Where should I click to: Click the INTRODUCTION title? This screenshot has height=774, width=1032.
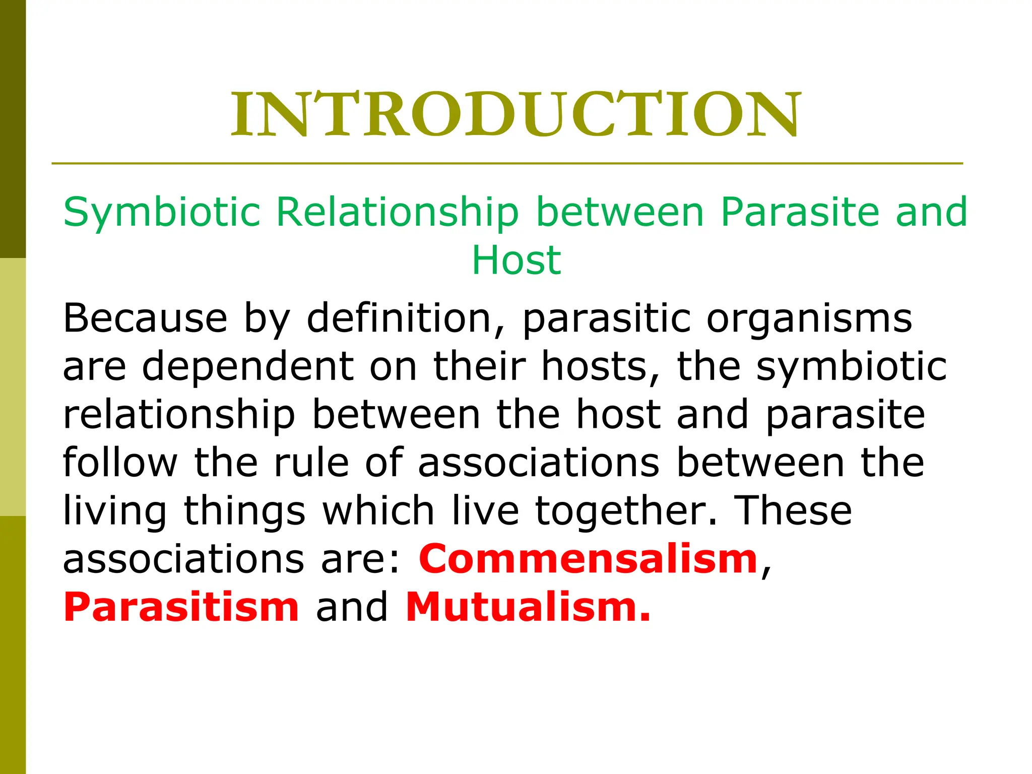click(x=515, y=115)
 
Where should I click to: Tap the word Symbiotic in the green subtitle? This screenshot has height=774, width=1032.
click(x=162, y=213)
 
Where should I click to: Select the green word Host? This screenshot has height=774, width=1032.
click(x=516, y=261)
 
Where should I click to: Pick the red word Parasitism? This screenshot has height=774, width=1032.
click(x=181, y=607)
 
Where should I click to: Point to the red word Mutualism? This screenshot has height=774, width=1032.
click(x=528, y=607)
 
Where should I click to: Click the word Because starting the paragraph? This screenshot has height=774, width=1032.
click(x=145, y=318)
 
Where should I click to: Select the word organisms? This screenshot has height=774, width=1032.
click(x=809, y=318)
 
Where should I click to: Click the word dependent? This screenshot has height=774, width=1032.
click(x=248, y=366)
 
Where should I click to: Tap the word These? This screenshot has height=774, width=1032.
click(x=793, y=511)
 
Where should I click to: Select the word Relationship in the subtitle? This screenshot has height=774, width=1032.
click(x=398, y=213)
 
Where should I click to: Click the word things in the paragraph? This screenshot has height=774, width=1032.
click(x=244, y=511)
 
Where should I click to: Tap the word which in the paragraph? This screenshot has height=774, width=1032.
click(x=378, y=511)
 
